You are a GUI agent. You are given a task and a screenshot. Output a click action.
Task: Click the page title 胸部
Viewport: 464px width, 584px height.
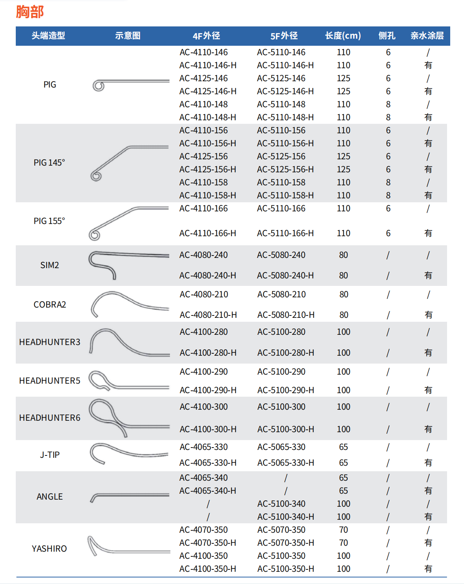click(x=30, y=12)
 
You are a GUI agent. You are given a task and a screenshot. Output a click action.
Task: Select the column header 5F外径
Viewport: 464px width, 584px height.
click(x=284, y=36)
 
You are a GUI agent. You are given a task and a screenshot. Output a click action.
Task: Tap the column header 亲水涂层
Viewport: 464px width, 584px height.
click(x=427, y=36)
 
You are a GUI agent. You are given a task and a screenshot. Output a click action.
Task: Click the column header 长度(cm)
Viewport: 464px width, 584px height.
click(x=343, y=36)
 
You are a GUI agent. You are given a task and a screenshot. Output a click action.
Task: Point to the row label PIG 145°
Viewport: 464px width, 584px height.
click(x=49, y=162)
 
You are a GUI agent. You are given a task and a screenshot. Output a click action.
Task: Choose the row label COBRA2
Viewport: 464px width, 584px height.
click(x=50, y=304)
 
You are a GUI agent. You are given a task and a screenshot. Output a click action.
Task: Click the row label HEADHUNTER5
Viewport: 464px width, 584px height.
click(x=50, y=381)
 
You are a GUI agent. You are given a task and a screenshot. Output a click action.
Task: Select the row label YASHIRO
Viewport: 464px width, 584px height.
click(x=49, y=549)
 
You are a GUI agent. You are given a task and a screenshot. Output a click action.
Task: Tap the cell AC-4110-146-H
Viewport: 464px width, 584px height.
click(x=208, y=65)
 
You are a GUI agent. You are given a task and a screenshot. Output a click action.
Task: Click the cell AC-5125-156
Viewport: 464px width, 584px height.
click(x=281, y=156)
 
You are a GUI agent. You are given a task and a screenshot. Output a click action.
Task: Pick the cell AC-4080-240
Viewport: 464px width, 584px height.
click(x=203, y=255)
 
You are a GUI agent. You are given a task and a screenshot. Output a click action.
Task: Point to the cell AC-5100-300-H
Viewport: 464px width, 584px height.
click(x=286, y=429)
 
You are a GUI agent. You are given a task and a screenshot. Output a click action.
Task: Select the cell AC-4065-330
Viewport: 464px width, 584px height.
click(x=204, y=447)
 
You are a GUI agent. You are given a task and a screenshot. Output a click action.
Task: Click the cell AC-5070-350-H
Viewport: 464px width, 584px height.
click(x=286, y=543)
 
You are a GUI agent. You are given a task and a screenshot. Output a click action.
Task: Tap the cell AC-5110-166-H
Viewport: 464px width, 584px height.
click(x=285, y=233)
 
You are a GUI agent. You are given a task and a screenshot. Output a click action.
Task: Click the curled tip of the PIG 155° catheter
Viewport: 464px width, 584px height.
click(x=94, y=235)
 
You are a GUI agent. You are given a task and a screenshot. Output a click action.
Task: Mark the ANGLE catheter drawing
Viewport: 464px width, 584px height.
click(x=126, y=496)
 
